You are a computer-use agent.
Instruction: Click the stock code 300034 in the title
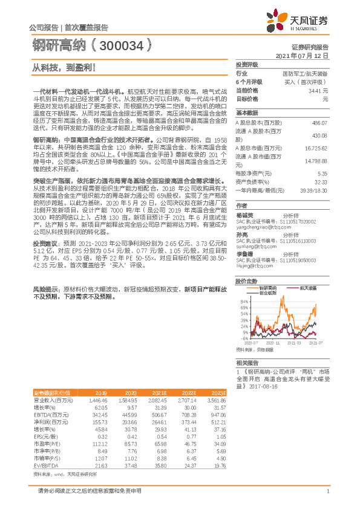[127, 44]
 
